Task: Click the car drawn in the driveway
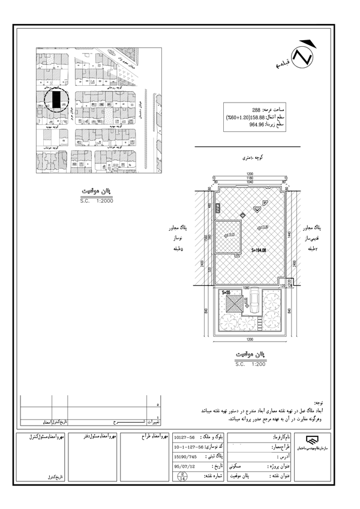254,302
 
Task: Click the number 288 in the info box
239,111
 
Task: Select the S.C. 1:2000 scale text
96,201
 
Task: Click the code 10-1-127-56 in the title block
187,447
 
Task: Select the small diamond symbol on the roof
242,215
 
